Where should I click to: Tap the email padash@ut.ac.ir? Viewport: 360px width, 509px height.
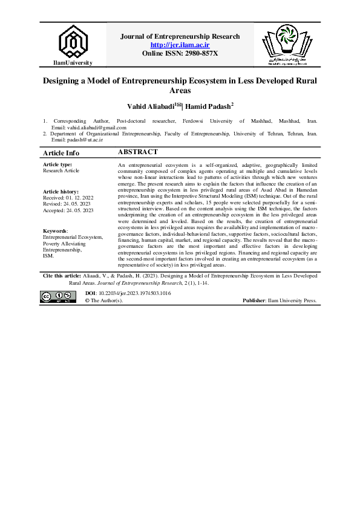tap(84, 139)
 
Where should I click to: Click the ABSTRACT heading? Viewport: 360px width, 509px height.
tap(138, 152)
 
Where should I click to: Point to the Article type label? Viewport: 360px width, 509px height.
tap(57, 164)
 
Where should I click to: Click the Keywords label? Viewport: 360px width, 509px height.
tap(56, 231)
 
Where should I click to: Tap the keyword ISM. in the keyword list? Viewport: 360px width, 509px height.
tap(48, 255)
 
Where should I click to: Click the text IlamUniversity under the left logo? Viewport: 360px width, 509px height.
tap(72, 63)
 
